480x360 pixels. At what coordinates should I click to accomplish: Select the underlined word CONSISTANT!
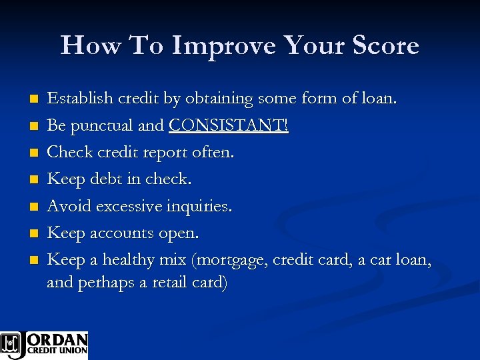(x=229, y=126)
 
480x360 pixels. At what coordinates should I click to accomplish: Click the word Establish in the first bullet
(x=79, y=99)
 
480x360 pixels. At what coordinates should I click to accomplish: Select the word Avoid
(x=69, y=207)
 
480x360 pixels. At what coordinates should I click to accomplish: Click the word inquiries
(x=198, y=207)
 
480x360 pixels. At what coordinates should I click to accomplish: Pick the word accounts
(x=119, y=234)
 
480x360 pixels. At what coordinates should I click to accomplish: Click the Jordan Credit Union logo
(x=44, y=345)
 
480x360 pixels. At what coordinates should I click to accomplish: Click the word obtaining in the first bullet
(x=218, y=99)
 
